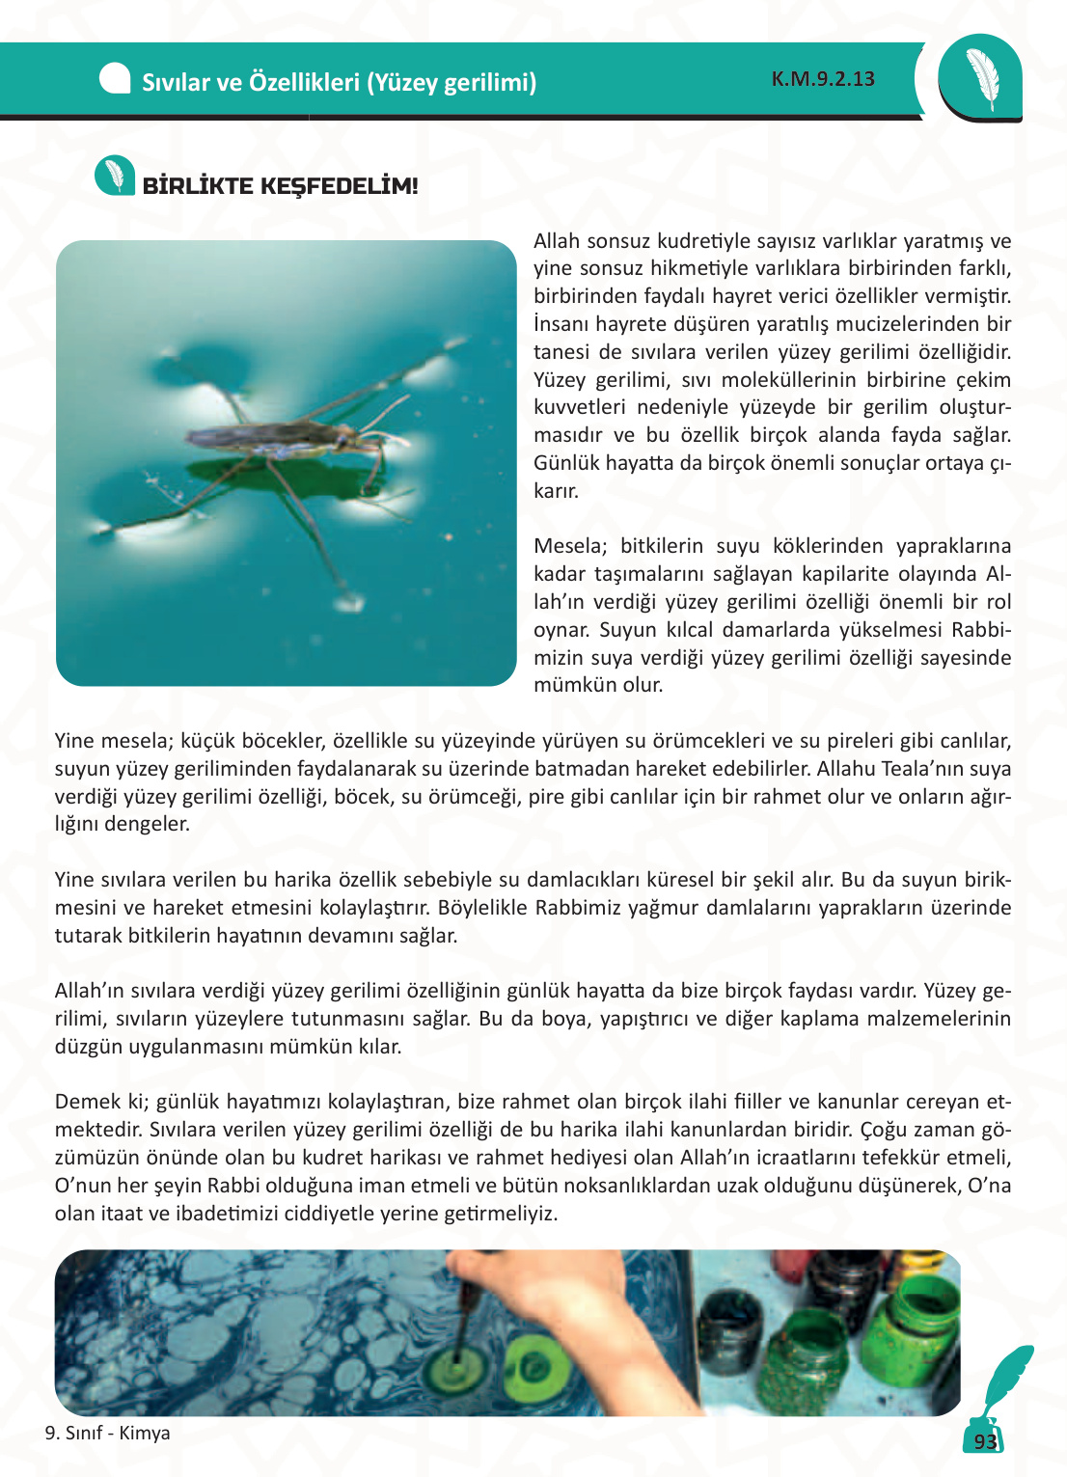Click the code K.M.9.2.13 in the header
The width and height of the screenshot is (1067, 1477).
[823, 79]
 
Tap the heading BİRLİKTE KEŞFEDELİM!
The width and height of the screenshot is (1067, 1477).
[280, 186]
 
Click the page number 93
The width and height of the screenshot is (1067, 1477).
[985, 1441]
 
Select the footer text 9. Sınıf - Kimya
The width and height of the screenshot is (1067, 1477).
[108, 1433]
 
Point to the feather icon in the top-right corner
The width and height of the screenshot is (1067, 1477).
[981, 78]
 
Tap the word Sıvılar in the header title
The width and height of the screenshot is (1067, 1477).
[177, 82]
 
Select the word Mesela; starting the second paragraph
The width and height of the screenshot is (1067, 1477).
[570, 546]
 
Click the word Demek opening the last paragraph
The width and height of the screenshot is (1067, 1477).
[89, 1102]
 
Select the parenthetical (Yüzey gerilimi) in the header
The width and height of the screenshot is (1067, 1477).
[451, 82]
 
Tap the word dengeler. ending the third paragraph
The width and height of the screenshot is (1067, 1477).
[148, 824]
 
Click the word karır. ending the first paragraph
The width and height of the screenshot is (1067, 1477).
[557, 491]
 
